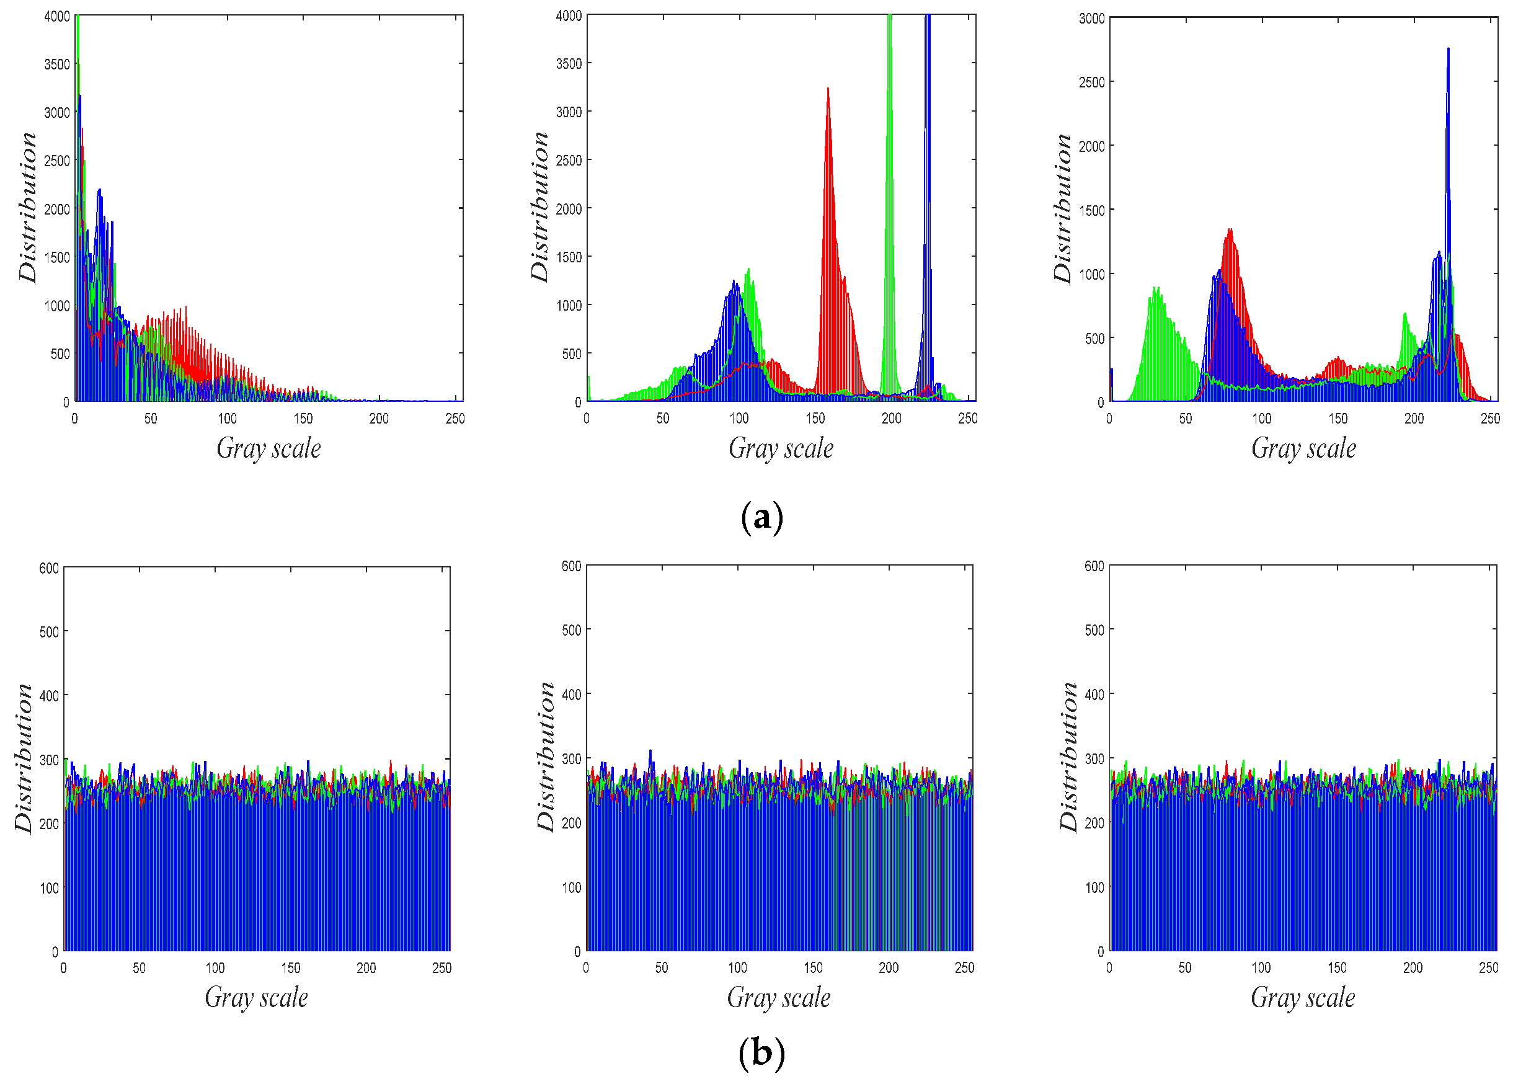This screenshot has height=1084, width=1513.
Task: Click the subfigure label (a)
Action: [x=761, y=518]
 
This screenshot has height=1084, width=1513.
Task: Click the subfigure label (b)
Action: [x=761, y=1052]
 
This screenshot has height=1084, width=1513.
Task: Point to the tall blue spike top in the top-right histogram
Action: [x=1448, y=51]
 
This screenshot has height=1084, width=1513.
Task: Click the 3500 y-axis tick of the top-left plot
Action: [x=56, y=64]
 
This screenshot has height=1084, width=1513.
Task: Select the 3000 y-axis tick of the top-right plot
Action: [x=1091, y=19]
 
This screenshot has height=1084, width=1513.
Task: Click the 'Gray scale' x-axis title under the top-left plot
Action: [x=268, y=448]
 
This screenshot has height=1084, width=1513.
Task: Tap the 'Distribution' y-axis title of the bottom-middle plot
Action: [x=546, y=757]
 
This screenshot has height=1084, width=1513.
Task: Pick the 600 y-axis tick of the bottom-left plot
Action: [x=49, y=568]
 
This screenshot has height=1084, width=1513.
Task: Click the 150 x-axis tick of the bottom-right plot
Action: [x=1336, y=968]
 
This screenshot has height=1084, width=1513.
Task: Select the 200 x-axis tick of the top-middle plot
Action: [x=891, y=418]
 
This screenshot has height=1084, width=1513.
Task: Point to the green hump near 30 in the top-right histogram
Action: [x=1156, y=293]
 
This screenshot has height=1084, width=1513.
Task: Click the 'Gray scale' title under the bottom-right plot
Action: [x=1302, y=997]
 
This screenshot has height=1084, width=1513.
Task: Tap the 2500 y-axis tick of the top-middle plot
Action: [x=569, y=161]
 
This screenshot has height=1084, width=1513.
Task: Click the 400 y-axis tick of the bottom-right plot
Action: [x=1094, y=695]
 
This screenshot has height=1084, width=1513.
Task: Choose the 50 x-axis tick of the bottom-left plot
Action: [x=139, y=968]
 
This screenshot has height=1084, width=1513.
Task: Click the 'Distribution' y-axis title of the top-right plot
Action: [x=1062, y=208]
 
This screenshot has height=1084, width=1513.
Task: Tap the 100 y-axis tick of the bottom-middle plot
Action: [x=571, y=888]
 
